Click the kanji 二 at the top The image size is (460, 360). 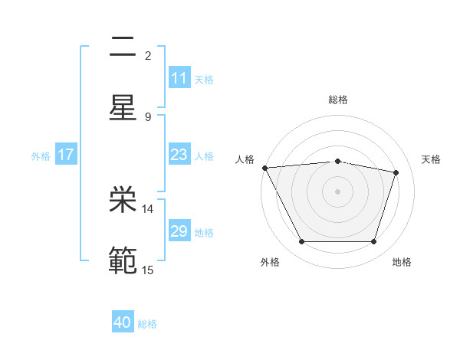point(123,48)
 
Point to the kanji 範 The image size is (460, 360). point(123,260)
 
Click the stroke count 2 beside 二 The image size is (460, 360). point(148,55)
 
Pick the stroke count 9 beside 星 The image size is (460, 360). point(148,116)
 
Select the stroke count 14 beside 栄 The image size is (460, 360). point(149,208)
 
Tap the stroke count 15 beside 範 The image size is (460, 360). point(149,270)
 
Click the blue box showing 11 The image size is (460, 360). point(179,78)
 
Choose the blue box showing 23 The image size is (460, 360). point(179,155)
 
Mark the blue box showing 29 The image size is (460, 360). point(179,231)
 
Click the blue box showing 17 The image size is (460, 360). point(66,155)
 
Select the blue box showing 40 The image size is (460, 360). point(123,323)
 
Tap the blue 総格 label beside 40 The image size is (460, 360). point(148,324)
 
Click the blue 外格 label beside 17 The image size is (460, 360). point(41,155)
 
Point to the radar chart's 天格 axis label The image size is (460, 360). point(432,159)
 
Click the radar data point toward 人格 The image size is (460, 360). point(264,168)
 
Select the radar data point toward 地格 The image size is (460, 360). point(373,242)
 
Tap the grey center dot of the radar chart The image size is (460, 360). point(337,191)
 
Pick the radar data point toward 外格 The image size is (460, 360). point(301,242)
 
